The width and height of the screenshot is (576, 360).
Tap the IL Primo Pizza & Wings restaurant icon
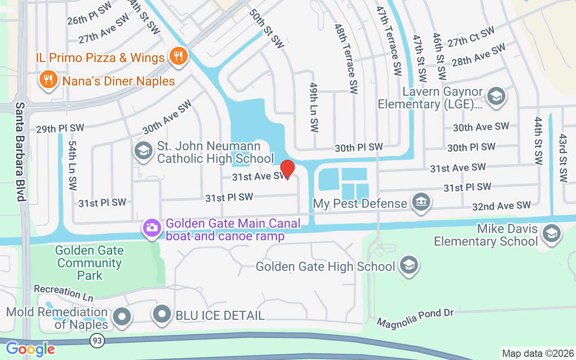[179, 57]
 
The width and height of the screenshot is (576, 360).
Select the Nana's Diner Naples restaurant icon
[48, 80]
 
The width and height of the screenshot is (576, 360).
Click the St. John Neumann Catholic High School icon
[144, 150]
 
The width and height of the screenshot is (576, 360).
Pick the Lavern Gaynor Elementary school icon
[496, 95]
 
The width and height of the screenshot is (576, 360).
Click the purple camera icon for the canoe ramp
[152, 227]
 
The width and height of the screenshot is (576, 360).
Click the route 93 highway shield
[96, 341]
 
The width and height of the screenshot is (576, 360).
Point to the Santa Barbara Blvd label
[20, 152]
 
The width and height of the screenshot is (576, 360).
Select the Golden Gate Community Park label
[90, 263]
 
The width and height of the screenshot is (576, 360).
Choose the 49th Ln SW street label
[314, 107]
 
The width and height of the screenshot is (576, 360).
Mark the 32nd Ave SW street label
[501, 206]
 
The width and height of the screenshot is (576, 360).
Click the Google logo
[30, 349]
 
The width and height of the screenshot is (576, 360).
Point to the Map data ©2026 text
[538, 353]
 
